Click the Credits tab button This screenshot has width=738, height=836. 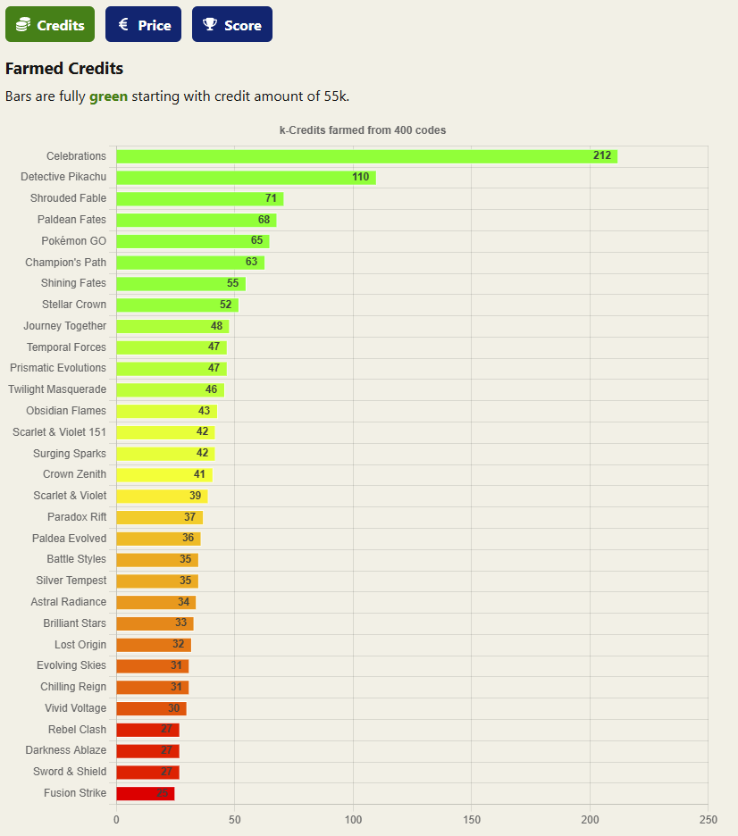click(x=50, y=25)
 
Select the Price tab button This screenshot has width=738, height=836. click(x=143, y=25)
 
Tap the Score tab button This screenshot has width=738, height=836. click(x=231, y=25)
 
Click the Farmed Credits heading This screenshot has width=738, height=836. click(x=64, y=69)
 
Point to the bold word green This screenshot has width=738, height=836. click(x=108, y=96)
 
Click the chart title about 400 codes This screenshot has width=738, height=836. click(x=363, y=130)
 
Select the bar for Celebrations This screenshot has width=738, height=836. click(x=366, y=156)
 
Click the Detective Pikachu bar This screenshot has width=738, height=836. click(x=246, y=177)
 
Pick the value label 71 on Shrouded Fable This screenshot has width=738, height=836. click(x=271, y=198)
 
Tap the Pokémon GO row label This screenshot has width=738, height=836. click(x=73, y=241)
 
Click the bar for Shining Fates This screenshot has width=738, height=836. click(x=180, y=283)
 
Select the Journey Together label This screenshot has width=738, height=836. click(x=64, y=326)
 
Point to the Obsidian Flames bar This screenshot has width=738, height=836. click(x=166, y=411)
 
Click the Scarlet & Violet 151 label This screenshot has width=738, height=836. click(x=59, y=432)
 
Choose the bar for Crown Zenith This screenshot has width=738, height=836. click(x=164, y=474)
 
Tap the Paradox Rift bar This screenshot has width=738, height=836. click(x=159, y=517)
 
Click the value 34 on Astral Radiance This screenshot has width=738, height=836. click(x=183, y=602)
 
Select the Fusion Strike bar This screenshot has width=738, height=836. click(x=145, y=793)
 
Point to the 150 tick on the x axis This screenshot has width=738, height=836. click(x=471, y=819)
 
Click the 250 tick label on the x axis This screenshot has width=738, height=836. click(x=708, y=819)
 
